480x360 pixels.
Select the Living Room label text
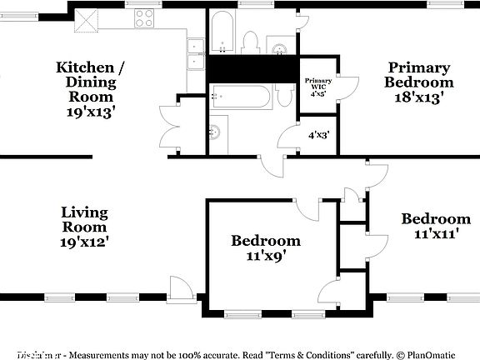tap(84, 220)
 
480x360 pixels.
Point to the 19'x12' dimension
tap(84, 241)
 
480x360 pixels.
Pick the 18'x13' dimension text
tap(418, 97)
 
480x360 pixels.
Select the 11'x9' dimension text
tap(266, 256)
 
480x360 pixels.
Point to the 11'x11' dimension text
tap(436, 234)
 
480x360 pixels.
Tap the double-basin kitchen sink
tap(196, 53)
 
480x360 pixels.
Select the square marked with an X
tap(87, 17)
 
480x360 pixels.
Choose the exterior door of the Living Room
tap(180, 289)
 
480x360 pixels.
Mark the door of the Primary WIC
tap(347, 85)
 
